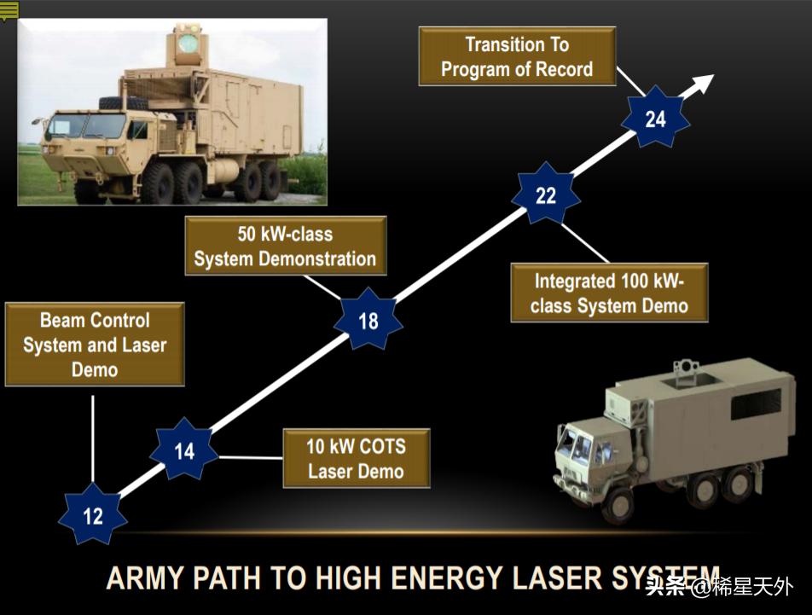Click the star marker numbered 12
pos(92,515)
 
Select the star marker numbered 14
pos(184,451)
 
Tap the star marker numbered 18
pos(368,322)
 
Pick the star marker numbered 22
pos(546,195)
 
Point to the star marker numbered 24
pos(655,119)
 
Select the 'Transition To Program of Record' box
pos(517,56)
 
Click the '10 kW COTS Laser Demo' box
pos(356,458)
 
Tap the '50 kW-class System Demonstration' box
pos(285,246)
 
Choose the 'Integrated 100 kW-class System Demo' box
pos(609,293)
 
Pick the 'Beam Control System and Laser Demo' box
pos(95,345)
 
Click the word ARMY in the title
pos(145,578)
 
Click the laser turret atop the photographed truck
pos(186,44)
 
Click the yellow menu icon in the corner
pos(9,10)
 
